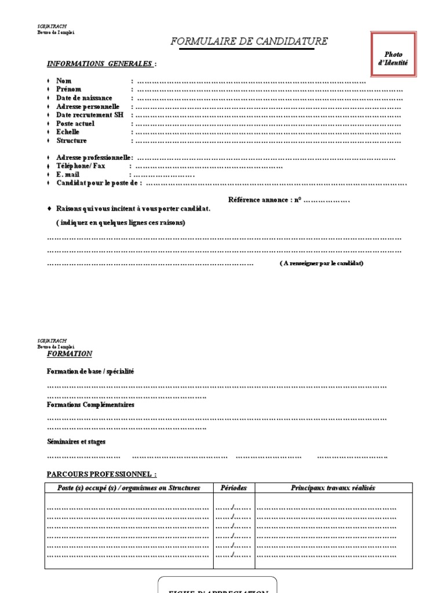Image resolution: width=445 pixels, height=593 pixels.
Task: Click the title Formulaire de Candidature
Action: pos(249,41)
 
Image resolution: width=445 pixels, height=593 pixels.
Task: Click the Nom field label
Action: pos(64,81)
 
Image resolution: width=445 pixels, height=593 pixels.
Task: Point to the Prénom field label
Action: pos(68,90)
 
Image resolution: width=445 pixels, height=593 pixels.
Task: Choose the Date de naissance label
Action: pos(84,98)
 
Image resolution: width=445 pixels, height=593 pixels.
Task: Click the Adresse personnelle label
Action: pos(87,107)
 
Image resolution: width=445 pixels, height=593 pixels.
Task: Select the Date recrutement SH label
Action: pos(90,115)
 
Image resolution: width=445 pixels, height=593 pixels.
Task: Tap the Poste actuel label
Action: pos(75,123)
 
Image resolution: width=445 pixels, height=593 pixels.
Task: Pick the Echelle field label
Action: pos(68,132)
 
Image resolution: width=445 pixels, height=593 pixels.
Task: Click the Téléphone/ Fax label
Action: pos(81,166)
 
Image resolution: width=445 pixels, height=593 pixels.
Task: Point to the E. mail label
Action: pos(67,174)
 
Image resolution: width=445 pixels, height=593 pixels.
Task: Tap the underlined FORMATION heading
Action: pos(69,354)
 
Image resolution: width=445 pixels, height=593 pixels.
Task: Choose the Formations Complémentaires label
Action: pos(90,405)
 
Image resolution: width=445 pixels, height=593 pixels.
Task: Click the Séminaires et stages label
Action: pos(76,442)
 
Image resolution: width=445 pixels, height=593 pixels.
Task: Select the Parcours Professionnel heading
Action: pos(101,474)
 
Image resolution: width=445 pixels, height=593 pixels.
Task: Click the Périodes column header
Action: pos(234,488)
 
